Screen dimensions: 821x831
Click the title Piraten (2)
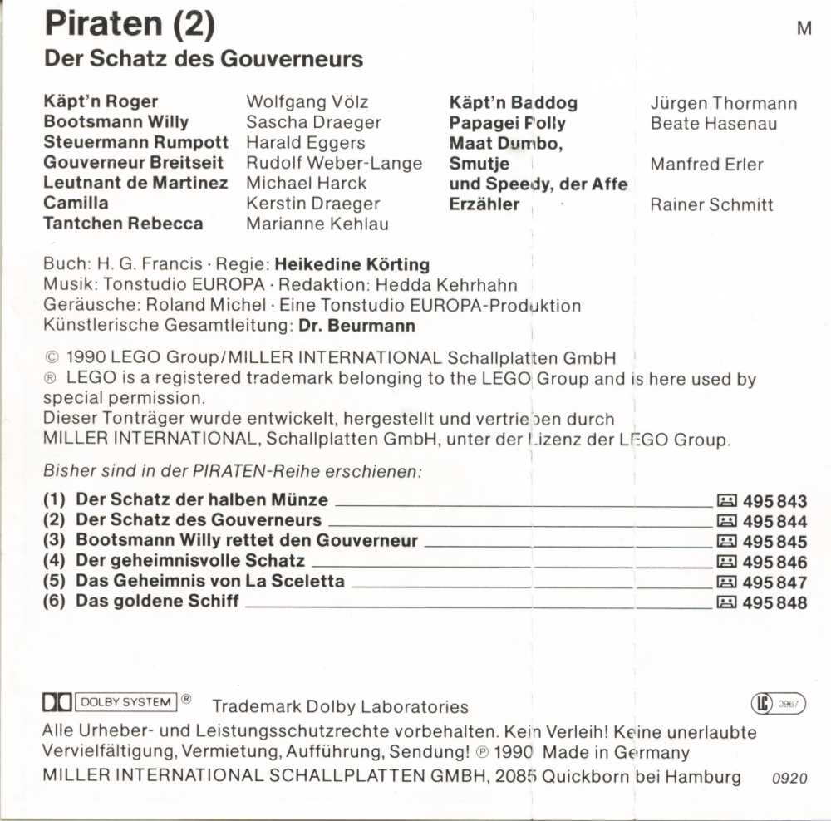pos(130,26)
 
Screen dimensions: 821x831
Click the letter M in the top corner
pos(804,28)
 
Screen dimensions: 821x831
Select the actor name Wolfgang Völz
pos(307,102)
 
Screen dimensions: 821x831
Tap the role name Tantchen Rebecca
pos(123,224)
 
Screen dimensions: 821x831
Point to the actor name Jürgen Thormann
pos(723,104)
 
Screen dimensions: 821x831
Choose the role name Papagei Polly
pos(507,124)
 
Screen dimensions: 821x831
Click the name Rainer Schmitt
pos(711,205)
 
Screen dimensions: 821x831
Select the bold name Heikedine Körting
pos(352,265)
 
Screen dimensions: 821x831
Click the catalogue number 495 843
pos(774,502)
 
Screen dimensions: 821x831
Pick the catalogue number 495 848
pos(774,602)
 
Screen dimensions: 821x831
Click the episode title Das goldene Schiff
pos(157,601)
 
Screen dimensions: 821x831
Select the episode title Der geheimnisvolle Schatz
pos(190,561)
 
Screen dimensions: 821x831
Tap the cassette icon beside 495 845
pos(726,543)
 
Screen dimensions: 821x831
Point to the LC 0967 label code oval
pos(778,705)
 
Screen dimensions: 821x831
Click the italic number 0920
pos(789,779)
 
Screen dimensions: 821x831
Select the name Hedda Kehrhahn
pos(446,286)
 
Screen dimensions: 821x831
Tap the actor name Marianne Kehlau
pos(317,224)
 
